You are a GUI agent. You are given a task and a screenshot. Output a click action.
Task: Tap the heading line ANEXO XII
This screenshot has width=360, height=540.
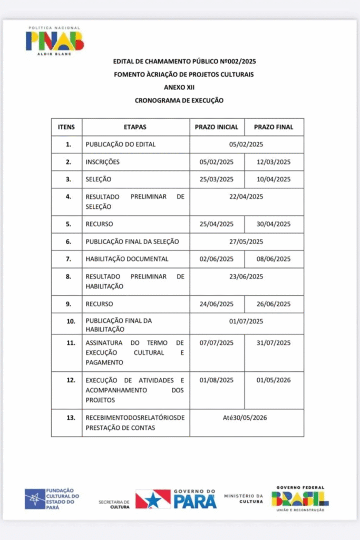[x=183, y=87]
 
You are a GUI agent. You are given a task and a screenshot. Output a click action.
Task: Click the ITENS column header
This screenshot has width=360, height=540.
[x=66, y=127]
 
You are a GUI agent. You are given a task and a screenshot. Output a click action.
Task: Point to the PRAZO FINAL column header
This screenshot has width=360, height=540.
[x=274, y=127]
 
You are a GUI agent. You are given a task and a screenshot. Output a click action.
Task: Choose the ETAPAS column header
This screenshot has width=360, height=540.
[x=135, y=127]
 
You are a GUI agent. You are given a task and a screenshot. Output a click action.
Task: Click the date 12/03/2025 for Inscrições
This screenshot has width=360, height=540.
[x=274, y=162]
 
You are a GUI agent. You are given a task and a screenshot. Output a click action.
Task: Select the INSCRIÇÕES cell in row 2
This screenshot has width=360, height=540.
[x=103, y=162]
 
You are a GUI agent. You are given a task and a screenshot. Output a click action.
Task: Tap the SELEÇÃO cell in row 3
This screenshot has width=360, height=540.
[x=99, y=179]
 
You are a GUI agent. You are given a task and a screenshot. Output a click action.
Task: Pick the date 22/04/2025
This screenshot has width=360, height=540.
[x=246, y=197]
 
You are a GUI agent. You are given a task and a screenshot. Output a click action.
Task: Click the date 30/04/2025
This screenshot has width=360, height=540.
[x=274, y=224]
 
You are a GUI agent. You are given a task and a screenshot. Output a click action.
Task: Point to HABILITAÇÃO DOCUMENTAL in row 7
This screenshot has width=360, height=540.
[x=127, y=259]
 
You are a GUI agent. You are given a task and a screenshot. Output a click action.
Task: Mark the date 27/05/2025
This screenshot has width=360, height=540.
[x=246, y=242]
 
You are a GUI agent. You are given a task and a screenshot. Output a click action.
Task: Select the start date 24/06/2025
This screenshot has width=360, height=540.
[x=217, y=304]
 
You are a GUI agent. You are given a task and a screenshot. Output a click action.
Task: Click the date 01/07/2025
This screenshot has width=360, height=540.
[x=246, y=321]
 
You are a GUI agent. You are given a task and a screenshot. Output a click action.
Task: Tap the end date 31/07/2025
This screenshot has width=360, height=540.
[x=274, y=343]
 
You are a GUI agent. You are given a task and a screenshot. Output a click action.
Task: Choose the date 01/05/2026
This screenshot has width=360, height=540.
[x=274, y=380]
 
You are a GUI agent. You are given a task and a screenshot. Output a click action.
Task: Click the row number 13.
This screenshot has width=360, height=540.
[x=68, y=418]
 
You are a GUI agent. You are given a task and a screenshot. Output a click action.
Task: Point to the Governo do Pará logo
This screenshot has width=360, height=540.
[x=176, y=498]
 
